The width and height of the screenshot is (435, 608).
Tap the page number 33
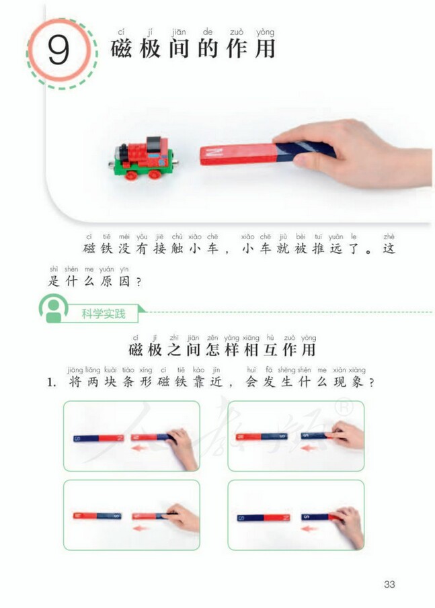coord(389,584)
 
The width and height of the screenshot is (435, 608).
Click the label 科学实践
coord(104,314)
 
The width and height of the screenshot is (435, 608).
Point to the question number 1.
coord(50,382)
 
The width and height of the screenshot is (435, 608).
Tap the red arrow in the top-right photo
coord(309,447)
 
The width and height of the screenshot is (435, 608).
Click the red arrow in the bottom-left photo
coord(142,528)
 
